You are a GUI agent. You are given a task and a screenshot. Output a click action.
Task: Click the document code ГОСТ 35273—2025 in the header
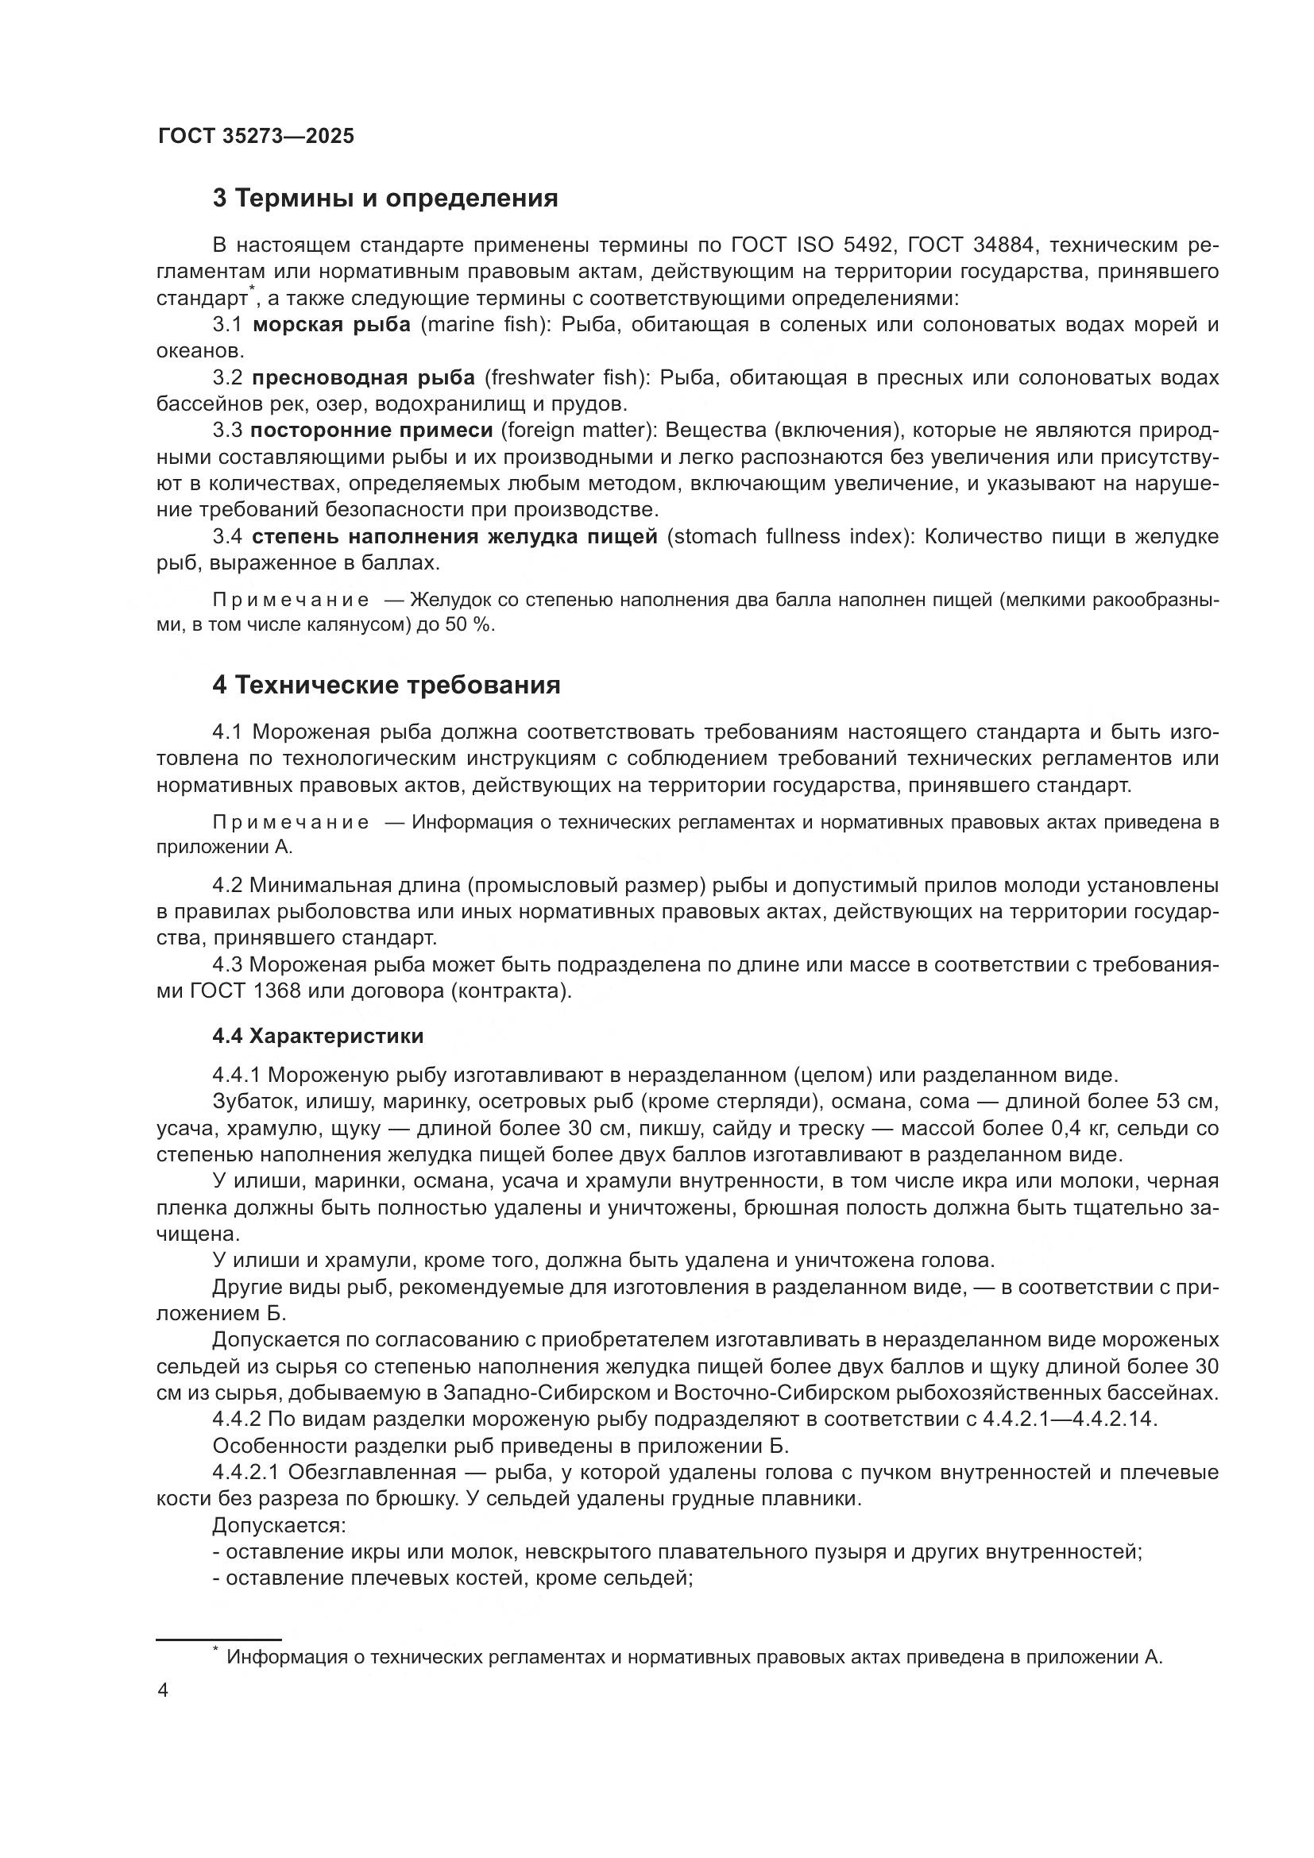click(x=256, y=136)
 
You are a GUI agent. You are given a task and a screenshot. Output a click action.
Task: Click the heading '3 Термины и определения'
click(x=385, y=199)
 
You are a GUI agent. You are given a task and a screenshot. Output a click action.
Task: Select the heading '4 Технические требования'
click(x=386, y=686)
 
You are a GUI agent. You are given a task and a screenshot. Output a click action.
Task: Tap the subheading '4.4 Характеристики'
click(x=318, y=1036)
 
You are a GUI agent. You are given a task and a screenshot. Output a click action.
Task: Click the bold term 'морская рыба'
click(x=332, y=326)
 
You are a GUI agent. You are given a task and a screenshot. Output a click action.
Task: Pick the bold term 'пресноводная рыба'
click(x=363, y=378)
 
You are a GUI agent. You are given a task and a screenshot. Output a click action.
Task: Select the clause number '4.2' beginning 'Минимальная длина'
click(x=227, y=887)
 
